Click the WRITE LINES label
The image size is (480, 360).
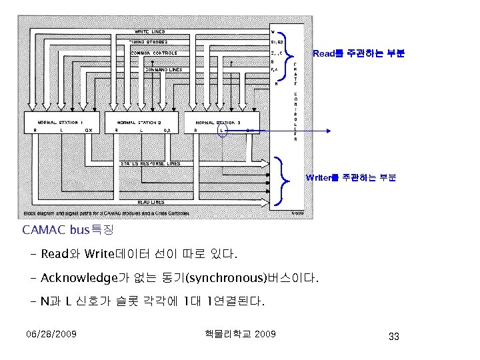[151, 31]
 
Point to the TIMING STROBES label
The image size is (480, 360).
[149, 41]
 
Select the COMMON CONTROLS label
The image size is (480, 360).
[154, 53]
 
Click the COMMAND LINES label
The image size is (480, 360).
[163, 69]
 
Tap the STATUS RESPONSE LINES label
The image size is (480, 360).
[150, 163]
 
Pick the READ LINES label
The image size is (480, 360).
[151, 201]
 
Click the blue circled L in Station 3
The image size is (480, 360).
[222, 131]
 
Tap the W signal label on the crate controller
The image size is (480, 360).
[273, 31]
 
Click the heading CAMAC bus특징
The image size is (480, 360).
[68, 231]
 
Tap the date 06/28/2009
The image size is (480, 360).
[51, 333]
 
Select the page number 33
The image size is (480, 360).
[393, 337]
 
